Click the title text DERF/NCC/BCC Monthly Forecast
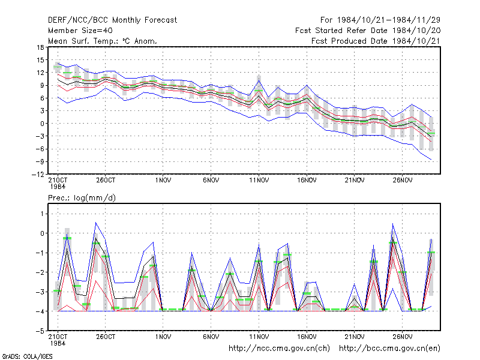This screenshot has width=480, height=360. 112,20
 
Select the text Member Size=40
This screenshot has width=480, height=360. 80,31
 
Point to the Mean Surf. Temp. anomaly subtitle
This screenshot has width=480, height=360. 103,41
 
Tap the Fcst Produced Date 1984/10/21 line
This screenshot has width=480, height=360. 376,41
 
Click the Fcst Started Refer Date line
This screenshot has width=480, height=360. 368,31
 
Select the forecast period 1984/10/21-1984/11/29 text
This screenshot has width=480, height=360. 380,20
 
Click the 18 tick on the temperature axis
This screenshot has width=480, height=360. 40,47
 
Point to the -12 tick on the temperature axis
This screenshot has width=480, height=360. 38,175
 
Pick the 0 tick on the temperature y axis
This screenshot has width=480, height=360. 42,124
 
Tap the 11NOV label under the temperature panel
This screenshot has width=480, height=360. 259,180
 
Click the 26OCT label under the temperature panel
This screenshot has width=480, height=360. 106,180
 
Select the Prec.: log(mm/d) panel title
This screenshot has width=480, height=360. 82,198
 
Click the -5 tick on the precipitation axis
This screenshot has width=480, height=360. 40,331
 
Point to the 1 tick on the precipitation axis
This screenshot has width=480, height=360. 43,214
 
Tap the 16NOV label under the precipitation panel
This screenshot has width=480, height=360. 307,337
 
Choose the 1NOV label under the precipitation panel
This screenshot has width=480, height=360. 163,337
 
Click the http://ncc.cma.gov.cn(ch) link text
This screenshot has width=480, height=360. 279,349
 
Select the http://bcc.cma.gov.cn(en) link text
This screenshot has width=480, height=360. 389,349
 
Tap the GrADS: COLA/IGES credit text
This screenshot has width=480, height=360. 27,356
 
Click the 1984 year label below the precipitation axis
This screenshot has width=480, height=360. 58,343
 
